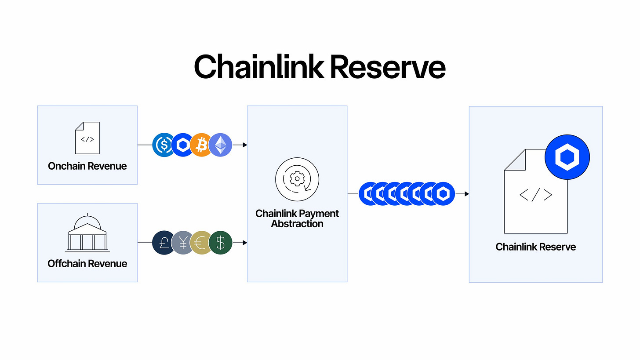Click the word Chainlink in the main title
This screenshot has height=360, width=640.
click(x=258, y=67)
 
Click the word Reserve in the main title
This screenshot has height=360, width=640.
click(x=386, y=67)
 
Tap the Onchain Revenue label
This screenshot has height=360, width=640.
click(x=87, y=166)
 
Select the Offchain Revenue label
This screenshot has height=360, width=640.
click(x=87, y=264)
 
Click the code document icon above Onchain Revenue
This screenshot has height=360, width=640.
click(x=87, y=138)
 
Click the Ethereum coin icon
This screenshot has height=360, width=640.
click(x=220, y=145)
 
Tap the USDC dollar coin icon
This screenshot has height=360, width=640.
click(x=164, y=145)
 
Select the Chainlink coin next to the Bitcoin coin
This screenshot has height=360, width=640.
click(x=182, y=145)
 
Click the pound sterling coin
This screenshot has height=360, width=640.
click(x=164, y=243)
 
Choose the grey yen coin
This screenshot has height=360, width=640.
click(x=182, y=243)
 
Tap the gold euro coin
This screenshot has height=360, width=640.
click(x=201, y=243)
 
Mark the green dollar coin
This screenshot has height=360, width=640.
click(x=220, y=243)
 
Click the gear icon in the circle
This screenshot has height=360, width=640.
click(x=297, y=179)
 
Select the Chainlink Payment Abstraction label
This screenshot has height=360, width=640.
click(x=297, y=218)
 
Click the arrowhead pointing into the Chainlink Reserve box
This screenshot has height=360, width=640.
click(x=466, y=194)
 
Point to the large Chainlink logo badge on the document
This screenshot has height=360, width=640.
click(x=567, y=157)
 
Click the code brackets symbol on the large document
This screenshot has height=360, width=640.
click(x=536, y=195)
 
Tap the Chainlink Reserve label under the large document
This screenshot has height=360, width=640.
click(x=536, y=247)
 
